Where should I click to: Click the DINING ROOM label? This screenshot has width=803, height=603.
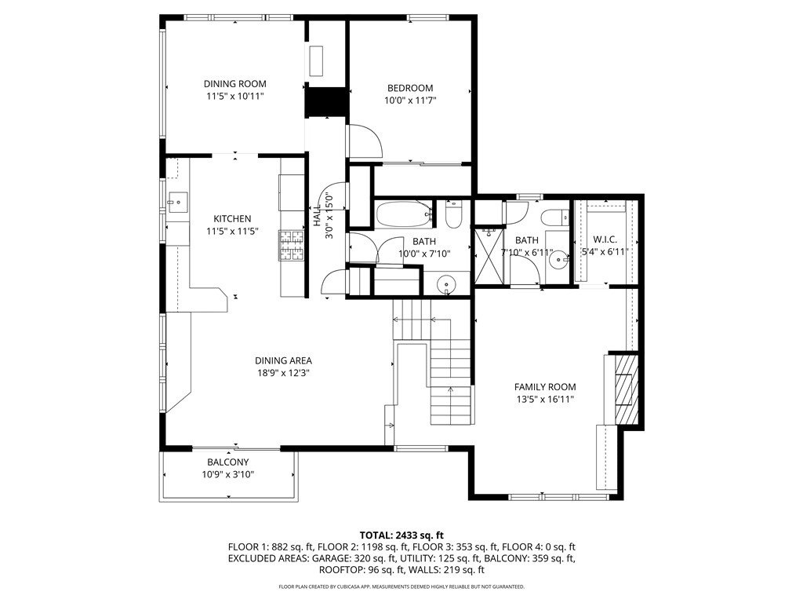pos(234,84)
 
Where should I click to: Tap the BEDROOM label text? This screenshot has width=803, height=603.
pos(409,88)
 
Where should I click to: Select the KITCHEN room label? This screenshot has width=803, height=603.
pos(232,219)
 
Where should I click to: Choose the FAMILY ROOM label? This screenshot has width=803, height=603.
pos(544,387)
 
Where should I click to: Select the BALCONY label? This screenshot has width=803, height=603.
pos(227,462)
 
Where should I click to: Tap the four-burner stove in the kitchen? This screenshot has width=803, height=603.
pos(292,245)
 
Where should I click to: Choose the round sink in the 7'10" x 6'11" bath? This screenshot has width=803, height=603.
pos(558,261)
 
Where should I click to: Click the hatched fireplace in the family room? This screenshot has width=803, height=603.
pos(626,389)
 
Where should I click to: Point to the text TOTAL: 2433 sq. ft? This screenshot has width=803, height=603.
pos(401,534)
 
